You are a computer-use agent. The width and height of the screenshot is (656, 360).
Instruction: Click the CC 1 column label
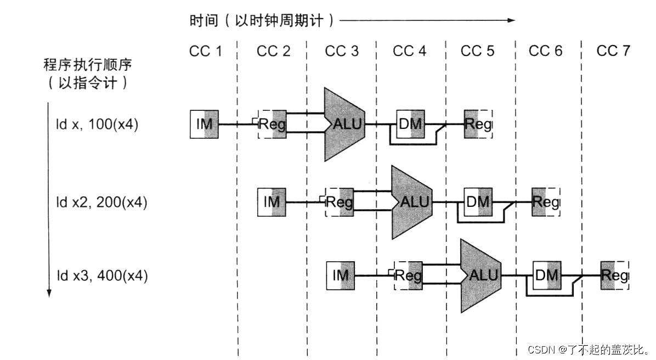(206, 52)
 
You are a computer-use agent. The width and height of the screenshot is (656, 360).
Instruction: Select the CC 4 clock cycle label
(410, 52)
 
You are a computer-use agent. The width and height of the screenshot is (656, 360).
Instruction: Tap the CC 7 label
(613, 52)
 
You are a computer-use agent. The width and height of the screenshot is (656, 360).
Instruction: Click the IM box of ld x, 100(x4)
(205, 124)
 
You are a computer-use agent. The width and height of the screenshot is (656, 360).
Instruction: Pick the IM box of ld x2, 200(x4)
(272, 201)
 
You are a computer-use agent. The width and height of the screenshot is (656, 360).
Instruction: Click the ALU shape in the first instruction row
(344, 124)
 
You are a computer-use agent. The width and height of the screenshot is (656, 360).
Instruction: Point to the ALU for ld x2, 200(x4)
(412, 201)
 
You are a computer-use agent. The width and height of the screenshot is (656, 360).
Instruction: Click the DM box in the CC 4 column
(410, 124)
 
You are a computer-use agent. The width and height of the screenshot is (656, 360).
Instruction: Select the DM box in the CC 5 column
(478, 201)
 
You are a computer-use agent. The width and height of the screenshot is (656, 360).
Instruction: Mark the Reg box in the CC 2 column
(272, 124)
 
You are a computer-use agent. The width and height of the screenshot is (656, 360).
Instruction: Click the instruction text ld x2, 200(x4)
(101, 202)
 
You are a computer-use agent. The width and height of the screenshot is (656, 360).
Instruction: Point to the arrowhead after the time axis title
(511, 20)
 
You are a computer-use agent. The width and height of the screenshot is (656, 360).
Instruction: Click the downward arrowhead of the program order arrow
(49, 292)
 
